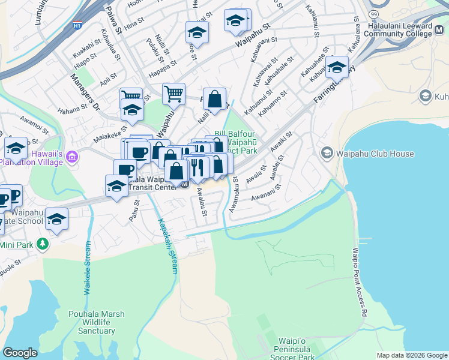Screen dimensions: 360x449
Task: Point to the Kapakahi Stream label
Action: [167, 245]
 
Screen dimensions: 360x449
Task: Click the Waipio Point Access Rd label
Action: [359, 282]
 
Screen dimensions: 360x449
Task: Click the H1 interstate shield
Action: [77, 26]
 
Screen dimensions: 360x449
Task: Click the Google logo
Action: [20, 353]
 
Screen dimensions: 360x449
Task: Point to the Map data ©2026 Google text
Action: [412, 355]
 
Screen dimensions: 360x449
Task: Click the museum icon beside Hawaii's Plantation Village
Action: [73, 157]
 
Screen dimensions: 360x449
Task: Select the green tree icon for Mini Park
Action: [42, 244]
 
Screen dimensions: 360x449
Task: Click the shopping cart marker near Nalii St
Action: [173, 93]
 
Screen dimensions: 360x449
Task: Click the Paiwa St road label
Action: [113, 19]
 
